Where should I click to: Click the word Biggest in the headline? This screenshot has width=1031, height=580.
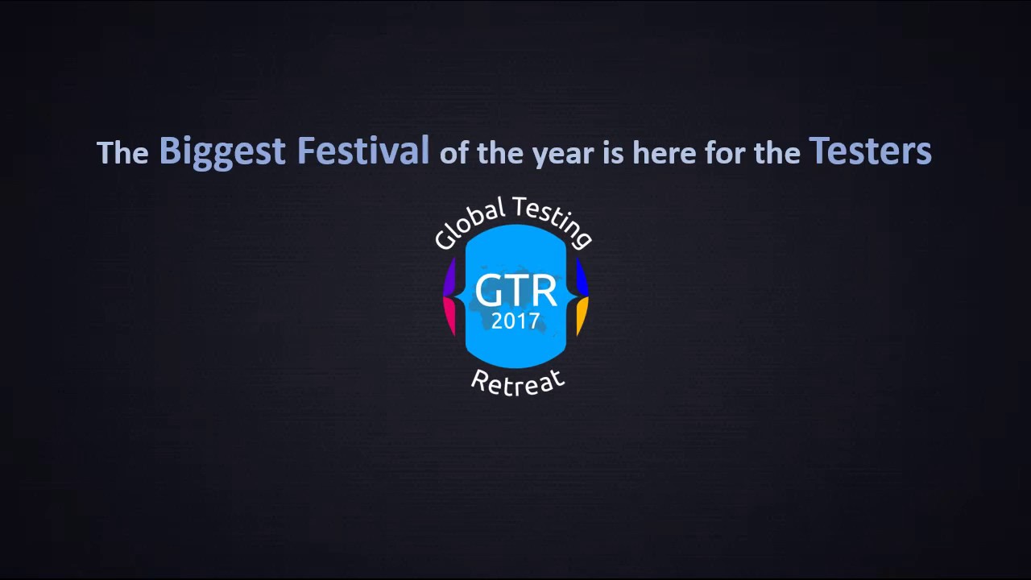point(222,151)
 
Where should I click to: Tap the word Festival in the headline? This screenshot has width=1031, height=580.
point(363,151)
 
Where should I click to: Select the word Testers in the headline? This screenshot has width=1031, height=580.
point(870,151)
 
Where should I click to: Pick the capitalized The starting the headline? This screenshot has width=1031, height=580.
point(122,152)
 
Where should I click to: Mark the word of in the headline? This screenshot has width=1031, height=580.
point(454,153)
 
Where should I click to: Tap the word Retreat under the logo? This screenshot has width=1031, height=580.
point(517,381)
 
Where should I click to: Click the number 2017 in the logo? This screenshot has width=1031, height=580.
point(515,321)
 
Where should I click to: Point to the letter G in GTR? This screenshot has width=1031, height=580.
point(488,291)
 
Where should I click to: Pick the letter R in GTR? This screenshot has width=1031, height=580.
point(542,291)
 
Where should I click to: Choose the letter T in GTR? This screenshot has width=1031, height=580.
point(515,291)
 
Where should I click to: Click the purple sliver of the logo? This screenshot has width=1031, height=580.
point(449,278)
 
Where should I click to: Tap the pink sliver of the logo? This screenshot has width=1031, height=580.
point(449,315)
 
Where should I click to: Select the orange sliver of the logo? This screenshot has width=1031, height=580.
point(582,315)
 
